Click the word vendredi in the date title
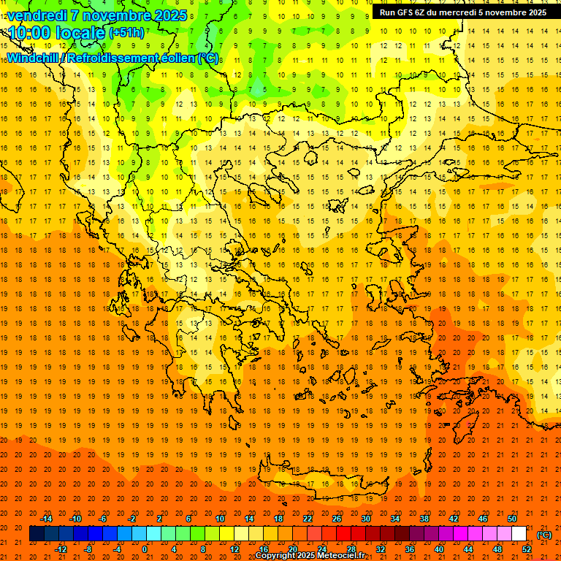(38, 15)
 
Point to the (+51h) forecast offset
(126, 33)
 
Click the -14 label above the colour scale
(46, 519)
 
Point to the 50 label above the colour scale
(512, 519)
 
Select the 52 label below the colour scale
(527, 549)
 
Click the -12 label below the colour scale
(61, 549)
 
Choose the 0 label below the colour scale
(145, 549)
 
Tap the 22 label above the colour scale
(308, 519)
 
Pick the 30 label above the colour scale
(365, 519)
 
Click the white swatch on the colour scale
(519, 534)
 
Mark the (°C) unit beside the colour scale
(544, 535)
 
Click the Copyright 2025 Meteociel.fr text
(309, 556)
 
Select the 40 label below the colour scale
(438, 549)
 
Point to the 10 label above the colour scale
(220, 519)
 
